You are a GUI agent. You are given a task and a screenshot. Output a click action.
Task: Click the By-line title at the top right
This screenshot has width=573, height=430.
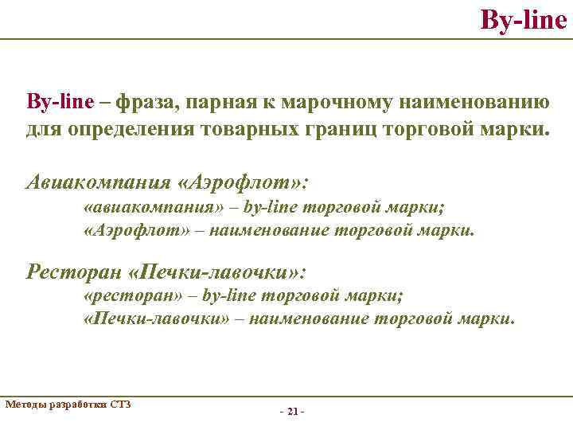point(523,18)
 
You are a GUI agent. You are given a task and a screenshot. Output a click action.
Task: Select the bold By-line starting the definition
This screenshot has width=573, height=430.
point(61,102)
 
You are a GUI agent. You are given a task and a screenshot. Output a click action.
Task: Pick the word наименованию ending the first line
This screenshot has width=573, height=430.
point(466,102)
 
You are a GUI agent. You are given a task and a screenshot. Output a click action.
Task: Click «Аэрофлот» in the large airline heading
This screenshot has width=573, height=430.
point(243,182)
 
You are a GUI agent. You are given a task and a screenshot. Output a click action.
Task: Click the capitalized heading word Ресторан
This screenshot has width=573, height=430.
point(72,272)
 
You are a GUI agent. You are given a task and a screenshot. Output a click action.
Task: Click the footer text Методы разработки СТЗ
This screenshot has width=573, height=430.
point(68,405)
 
